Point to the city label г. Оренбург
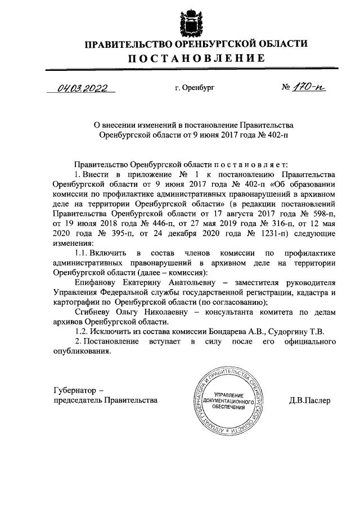click(195, 88)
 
